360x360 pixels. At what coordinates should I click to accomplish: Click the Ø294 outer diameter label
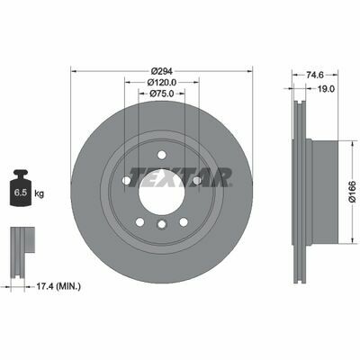[x=161, y=71]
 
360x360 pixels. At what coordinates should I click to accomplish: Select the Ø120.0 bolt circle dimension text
[x=161, y=82]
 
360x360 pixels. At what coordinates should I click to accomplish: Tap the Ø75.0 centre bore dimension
[x=161, y=94]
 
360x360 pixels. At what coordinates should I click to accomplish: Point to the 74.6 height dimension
[x=315, y=75]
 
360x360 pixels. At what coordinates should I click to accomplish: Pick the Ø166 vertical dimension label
[x=354, y=192]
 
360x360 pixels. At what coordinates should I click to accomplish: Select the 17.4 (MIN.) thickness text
[x=58, y=286]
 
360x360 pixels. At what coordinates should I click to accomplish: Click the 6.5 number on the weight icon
[x=21, y=193]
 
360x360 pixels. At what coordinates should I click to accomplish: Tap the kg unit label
[x=39, y=193]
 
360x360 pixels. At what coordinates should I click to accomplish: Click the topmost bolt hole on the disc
[x=162, y=156]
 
